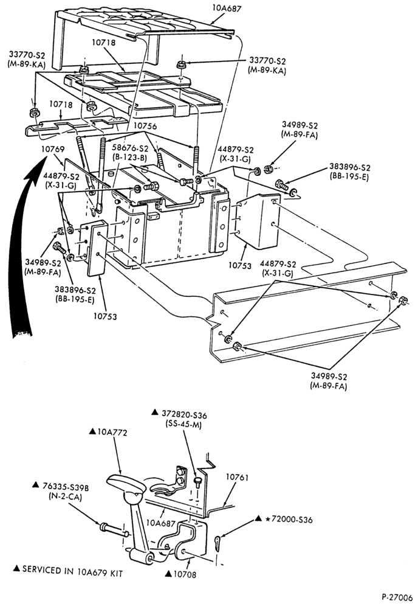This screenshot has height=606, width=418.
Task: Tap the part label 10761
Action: pos(237,477)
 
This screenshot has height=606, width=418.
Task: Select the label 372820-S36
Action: pos(183,415)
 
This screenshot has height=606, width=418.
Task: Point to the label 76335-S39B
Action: pos(66,488)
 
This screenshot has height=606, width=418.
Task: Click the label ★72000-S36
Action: pos(289,520)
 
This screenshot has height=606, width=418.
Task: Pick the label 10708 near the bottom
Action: pos(185,574)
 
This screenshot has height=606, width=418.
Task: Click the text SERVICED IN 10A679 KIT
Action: pos(72,571)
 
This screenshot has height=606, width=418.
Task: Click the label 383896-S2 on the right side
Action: pos(350,167)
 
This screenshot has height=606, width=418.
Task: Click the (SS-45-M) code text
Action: pos(183,424)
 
